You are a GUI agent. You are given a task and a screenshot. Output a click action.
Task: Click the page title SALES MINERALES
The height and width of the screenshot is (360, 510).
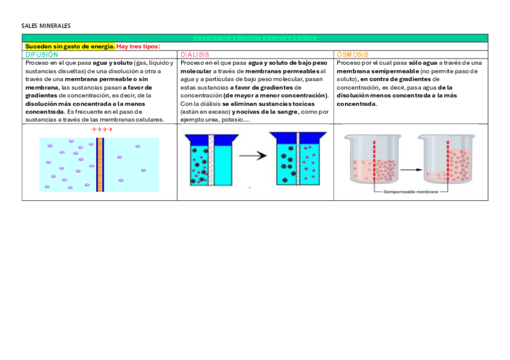46,26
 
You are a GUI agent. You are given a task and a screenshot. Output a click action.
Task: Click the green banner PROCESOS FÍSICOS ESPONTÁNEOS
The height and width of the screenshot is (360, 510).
255,38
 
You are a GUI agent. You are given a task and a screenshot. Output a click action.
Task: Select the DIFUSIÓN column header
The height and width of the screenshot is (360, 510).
42,55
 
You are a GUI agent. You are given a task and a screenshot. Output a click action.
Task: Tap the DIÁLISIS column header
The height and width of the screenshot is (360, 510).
195,55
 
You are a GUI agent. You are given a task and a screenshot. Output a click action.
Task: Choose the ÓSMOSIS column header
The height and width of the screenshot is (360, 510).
352,55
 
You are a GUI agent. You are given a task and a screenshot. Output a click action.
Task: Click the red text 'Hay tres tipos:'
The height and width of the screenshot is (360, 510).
138,46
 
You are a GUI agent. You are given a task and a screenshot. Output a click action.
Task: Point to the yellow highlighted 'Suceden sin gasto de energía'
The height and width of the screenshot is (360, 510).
69,46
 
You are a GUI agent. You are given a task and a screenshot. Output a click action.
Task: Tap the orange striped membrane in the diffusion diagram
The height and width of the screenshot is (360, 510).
100,164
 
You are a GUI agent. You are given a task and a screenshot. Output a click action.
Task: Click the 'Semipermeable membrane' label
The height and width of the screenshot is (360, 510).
408,192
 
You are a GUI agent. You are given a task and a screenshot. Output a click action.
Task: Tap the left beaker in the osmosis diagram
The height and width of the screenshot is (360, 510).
373,159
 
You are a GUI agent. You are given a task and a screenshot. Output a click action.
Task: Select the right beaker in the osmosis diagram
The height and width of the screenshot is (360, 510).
447,159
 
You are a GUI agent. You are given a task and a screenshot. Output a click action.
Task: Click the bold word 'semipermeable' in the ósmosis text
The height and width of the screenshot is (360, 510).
395,71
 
